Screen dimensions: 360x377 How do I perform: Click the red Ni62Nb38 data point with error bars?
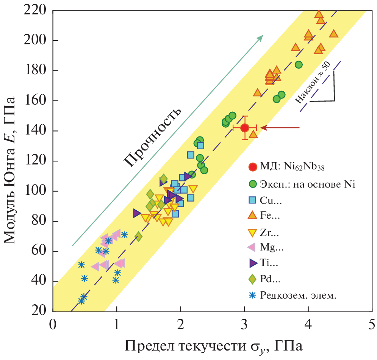(x=245, y=128)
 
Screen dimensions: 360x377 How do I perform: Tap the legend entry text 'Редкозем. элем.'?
(x=298, y=296)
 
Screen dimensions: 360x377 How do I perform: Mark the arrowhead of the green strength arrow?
(x=261, y=37)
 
